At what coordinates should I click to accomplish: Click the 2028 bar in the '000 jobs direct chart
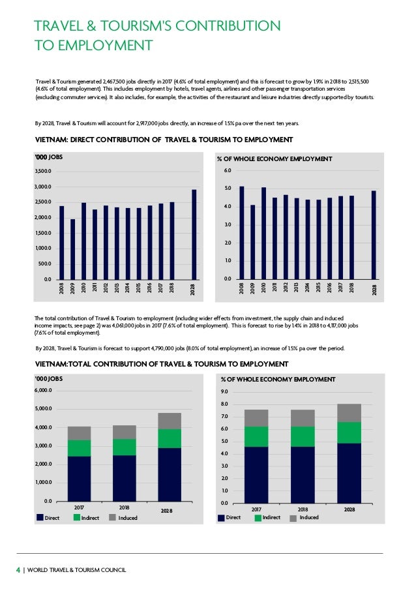194,235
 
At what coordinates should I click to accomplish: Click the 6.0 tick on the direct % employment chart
227,170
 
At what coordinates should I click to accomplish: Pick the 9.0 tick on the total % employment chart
224,392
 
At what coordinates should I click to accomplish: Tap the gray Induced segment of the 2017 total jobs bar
79,433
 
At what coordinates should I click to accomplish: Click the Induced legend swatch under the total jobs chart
113,518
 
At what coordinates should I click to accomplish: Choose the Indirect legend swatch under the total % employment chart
257,518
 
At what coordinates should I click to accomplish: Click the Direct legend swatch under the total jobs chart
39,518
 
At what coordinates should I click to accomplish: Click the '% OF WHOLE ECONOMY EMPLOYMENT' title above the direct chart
274,159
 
